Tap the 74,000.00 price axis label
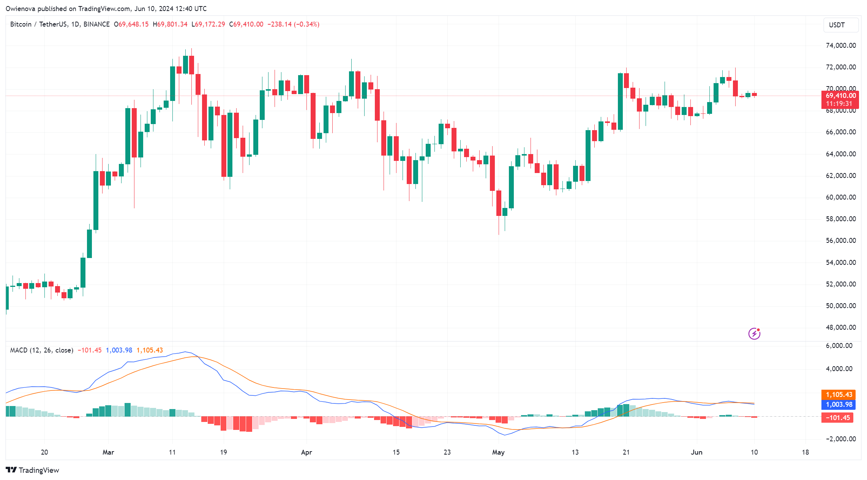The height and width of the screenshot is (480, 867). click(x=841, y=46)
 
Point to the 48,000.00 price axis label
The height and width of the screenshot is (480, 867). click(x=841, y=327)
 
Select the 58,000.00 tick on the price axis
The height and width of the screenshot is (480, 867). click(x=841, y=219)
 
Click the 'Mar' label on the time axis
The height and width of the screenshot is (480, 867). click(x=108, y=452)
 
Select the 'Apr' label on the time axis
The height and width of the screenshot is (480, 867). click(x=306, y=452)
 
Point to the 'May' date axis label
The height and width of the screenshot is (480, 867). click(x=498, y=452)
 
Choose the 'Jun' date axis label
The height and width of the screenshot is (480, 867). click(x=696, y=452)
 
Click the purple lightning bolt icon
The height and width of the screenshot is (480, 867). click(x=754, y=334)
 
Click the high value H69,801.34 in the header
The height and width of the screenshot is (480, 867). click(x=170, y=24)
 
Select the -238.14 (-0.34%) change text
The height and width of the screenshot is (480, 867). click(x=293, y=24)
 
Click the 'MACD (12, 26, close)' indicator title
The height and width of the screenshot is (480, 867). click(x=42, y=350)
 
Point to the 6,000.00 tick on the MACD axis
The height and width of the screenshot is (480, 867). click(x=841, y=346)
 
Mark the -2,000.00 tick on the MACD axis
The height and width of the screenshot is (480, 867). click(x=841, y=439)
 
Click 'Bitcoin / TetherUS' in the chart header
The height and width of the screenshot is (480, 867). click(x=39, y=24)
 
